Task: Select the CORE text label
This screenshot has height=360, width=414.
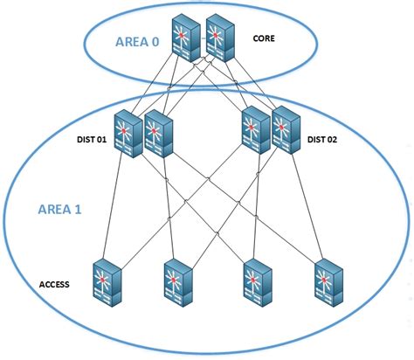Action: tap(266, 38)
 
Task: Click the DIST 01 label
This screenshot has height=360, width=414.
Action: tap(87, 137)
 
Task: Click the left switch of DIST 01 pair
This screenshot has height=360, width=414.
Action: tap(128, 134)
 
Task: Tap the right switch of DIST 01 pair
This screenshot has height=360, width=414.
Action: tap(159, 135)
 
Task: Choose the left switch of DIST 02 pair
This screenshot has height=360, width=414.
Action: tap(255, 134)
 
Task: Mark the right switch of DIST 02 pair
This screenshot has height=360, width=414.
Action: tap(286, 135)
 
